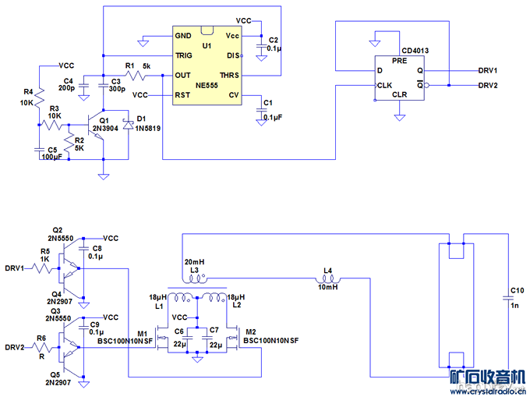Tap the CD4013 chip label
coord(415,51)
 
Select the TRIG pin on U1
coord(183,55)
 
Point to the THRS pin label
coord(229,75)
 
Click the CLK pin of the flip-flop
coord(384,85)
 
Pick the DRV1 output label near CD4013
coord(488,70)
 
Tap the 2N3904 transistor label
coord(105,128)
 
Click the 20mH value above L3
coord(194,261)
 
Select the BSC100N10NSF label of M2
coord(272,341)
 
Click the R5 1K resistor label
coord(44,254)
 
